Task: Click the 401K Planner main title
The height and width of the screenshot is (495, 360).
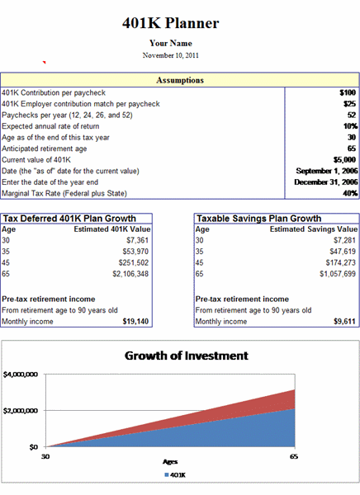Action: coord(171,23)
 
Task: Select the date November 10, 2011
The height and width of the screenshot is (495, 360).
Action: coord(171,55)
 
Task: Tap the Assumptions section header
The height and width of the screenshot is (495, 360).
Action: coord(180,80)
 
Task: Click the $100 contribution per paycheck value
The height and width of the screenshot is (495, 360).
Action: coord(348,92)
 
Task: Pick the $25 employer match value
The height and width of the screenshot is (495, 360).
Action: coord(349,104)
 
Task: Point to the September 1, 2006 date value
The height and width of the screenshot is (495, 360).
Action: coord(327,171)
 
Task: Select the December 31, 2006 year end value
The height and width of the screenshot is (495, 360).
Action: coord(326,182)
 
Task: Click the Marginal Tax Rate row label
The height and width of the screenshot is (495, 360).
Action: coord(64,193)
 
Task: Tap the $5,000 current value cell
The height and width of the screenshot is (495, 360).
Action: coord(344,160)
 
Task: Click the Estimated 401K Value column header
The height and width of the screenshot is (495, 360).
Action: coord(112,229)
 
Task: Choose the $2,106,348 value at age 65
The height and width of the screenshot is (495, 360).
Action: coord(130,274)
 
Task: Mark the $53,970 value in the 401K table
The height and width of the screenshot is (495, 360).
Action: coord(135,252)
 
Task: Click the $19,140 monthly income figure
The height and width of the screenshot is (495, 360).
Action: coord(135,322)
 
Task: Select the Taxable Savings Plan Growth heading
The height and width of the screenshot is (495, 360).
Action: coord(259,219)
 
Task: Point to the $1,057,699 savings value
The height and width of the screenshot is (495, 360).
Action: coord(338,274)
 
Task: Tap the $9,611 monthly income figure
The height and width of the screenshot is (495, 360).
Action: coord(344,322)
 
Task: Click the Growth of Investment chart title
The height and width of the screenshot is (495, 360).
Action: coord(187,356)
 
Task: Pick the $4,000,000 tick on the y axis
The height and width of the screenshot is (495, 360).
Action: coord(21,375)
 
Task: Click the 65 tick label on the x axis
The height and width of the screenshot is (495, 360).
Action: coord(294,456)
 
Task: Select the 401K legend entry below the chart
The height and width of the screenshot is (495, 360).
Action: coord(175,475)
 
